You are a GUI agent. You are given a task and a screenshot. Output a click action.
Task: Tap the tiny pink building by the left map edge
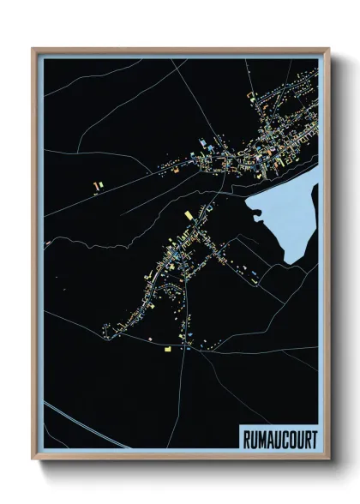pyautogui.click(x=48, y=243)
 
